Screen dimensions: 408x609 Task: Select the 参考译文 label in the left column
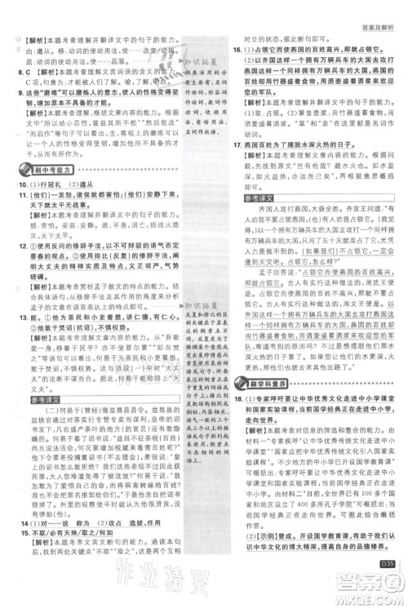[x=40, y=377]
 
